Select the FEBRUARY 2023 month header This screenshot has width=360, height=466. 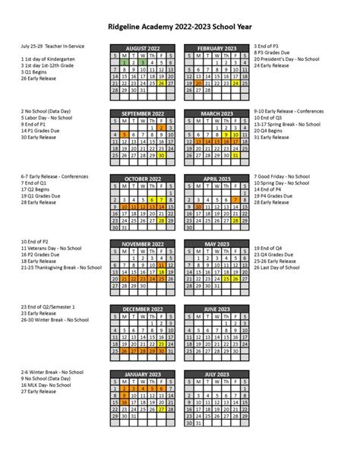tap(217, 47)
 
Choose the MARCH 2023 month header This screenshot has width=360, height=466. tap(217, 113)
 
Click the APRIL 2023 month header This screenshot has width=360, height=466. tap(217, 179)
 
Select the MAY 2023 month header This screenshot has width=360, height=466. tap(217, 244)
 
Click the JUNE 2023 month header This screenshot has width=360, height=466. tap(217, 309)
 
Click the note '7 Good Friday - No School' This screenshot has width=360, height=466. tap(283, 176)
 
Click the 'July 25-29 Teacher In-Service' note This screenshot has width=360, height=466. tap(53, 46)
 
